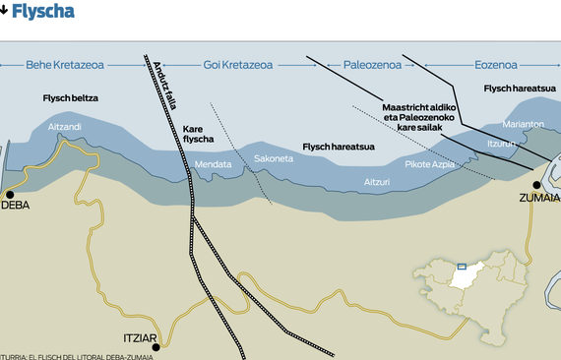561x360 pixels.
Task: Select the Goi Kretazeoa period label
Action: (x=237, y=65)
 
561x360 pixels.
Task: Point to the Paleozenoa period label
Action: (x=372, y=65)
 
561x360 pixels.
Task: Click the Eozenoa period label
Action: (x=495, y=65)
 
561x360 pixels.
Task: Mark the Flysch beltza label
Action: (x=71, y=98)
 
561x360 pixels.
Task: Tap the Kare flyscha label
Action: (x=198, y=134)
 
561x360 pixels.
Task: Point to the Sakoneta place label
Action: (x=273, y=158)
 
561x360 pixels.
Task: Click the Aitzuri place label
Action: (x=378, y=182)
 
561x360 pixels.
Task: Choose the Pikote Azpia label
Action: (x=429, y=164)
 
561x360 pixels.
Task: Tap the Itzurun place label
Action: (x=502, y=144)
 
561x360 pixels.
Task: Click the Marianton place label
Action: (x=523, y=124)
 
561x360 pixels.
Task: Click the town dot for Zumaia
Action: (x=537, y=185)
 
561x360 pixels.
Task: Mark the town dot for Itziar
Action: (x=156, y=346)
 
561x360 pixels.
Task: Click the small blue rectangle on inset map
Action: (x=461, y=266)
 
